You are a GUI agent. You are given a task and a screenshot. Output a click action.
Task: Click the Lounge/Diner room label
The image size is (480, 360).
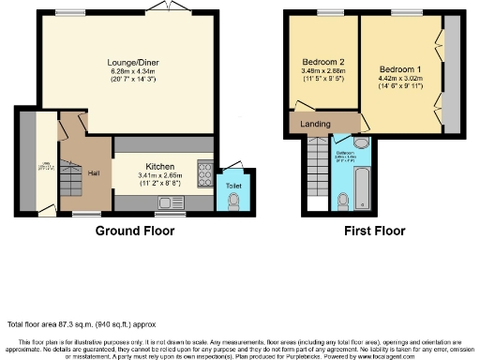click(x=130, y=63)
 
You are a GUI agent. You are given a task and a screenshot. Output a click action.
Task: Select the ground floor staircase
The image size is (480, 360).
click(x=69, y=182)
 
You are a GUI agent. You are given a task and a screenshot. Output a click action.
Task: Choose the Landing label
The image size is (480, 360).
click(x=315, y=124)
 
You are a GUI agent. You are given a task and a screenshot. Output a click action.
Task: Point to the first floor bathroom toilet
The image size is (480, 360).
click(x=345, y=201)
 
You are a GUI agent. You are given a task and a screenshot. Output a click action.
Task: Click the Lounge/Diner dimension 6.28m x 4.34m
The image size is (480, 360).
click(x=130, y=72)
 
